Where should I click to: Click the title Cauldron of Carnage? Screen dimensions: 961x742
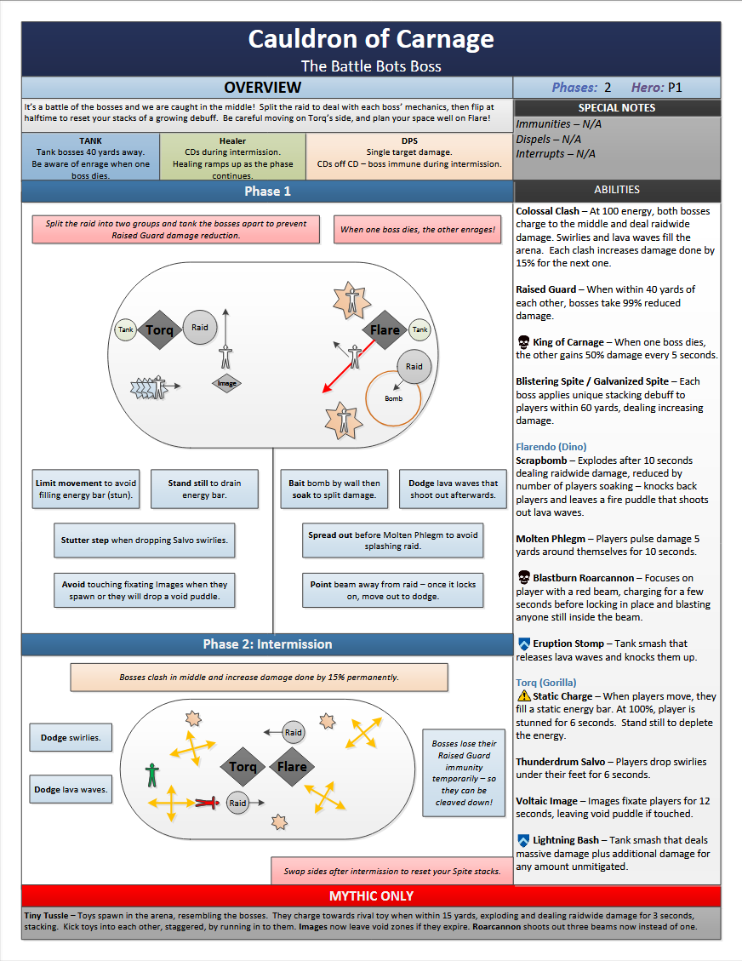370,39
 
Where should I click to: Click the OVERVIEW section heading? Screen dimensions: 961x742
262,88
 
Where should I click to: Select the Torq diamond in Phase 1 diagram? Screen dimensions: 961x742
159,329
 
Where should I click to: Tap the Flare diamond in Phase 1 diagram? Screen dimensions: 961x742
385,330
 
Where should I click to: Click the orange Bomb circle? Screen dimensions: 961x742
393,398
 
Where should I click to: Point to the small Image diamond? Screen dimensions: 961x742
226,383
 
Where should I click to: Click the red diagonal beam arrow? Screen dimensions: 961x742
350,366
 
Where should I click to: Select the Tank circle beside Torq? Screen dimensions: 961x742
126,329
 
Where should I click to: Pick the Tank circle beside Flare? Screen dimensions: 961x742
420,329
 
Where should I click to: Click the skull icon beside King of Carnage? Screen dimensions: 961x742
523,342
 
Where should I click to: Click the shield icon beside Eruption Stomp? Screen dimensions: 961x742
523,644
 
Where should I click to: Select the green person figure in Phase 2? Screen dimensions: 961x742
152,774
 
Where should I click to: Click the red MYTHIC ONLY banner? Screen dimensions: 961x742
370,895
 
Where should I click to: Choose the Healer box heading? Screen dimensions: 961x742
232,141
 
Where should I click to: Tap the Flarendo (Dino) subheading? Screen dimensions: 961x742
551,447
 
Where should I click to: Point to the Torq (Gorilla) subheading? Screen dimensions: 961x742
545,683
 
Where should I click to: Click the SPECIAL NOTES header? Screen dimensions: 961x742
616,108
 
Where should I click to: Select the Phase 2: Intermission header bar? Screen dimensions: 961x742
266,644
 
